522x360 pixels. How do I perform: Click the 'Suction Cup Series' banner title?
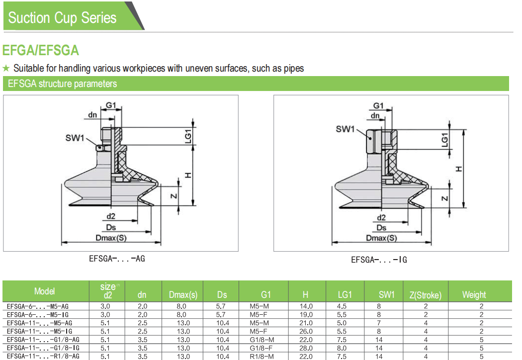pos(62,18)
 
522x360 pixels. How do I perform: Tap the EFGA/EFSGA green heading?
pos(41,51)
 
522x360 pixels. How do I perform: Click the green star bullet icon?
pos(6,68)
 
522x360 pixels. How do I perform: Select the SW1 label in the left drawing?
pos(75,138)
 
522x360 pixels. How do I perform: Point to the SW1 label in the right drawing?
pos(345,129)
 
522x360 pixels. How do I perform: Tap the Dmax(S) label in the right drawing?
pos(382,238)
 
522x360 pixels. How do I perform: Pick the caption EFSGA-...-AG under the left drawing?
pos(117,259)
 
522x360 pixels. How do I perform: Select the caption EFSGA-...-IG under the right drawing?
pos(379,260)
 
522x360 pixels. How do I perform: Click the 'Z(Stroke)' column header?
pos(426,295)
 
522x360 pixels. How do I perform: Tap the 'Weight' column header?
pos(474,294)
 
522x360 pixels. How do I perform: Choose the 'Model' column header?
pos(45,291)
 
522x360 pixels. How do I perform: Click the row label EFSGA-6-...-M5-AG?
pos(38,307)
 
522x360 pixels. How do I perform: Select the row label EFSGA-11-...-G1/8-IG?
pos(43,348)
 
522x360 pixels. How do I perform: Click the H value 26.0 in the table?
pos(306,331)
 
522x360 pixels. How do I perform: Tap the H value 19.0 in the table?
pos(306,315)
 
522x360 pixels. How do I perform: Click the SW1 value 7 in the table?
pos(379,323)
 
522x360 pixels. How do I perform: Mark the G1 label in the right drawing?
pos(379,106)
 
